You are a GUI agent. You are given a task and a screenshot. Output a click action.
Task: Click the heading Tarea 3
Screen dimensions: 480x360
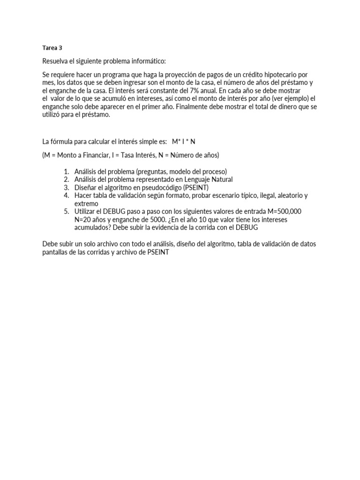[x=52, y=47]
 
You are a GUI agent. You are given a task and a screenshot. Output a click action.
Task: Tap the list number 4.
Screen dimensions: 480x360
[x=67, y=195]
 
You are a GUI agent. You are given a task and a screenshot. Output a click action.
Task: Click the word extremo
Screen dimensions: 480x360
[x=87, y=203]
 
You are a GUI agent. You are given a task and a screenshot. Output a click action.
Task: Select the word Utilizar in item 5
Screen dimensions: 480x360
[x=87, y=211]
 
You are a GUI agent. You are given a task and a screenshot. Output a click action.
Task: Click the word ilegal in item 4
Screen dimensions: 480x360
[x=252, y=195]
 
